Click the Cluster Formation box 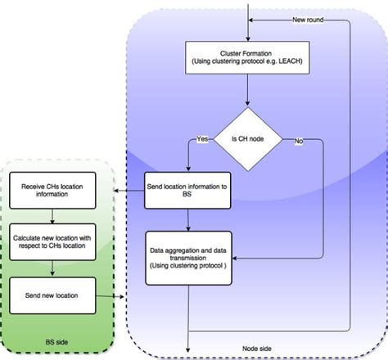248,58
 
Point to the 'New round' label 311,19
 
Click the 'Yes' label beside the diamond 201,139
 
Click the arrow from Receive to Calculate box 53,214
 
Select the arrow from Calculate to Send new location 53,267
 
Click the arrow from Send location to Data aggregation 189,219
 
